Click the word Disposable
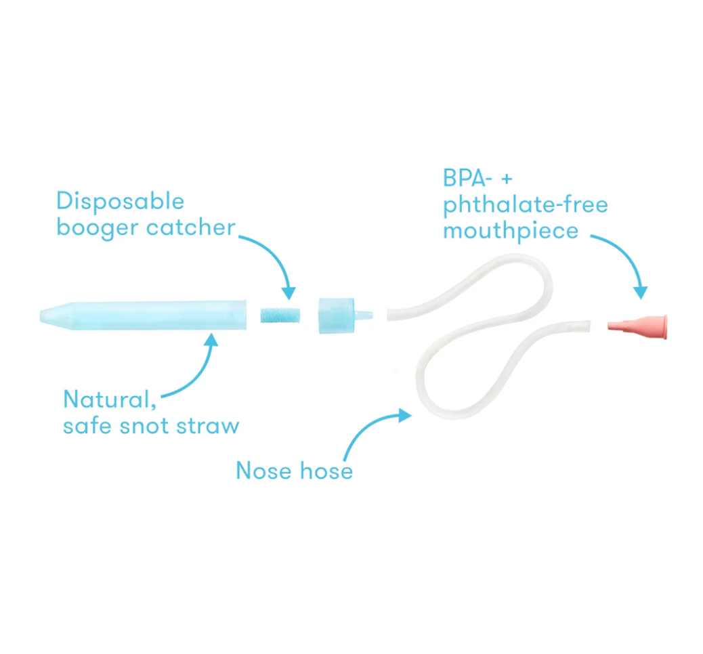tap(120, 201)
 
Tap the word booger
tap(98, 227)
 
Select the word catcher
tap(190, 227)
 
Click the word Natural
tap(110, 399)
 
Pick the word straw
tap(208, 425)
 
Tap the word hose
tap(326, 471)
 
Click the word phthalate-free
tap(526, 205)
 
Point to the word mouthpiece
tap(511, 232)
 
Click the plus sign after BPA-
tap(507, 179)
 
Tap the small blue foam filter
tap(280, 315)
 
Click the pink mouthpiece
tap(637, 327)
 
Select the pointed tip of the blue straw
tap(42, 315)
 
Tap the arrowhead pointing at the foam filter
tap(289, 293)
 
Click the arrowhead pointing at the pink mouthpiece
tap(641, 292)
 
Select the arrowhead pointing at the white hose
tap(405, 416)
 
